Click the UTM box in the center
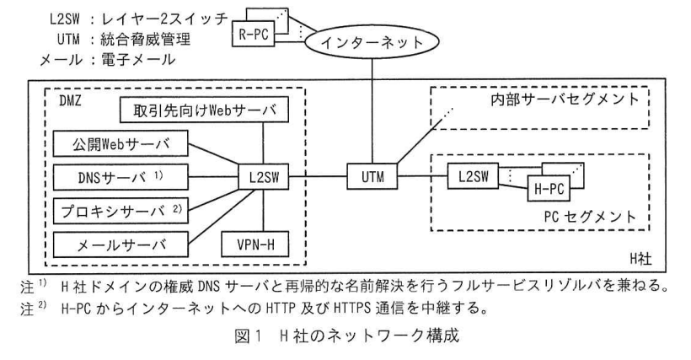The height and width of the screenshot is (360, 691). (372, 177)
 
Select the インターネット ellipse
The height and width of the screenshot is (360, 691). (372, 42)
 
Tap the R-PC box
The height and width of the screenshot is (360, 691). (254, 34)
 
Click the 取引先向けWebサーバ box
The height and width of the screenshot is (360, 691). (204, 110)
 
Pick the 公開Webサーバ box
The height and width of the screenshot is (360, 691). (121, 143)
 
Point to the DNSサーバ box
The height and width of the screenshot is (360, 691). (121, 177)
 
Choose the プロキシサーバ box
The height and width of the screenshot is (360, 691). (121, 211)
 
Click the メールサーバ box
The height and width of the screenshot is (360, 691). (121, 244)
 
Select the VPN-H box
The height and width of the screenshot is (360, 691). (255, 244)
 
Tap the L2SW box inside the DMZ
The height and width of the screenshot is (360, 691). (264, 177)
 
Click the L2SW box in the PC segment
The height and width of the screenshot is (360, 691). (473, 176)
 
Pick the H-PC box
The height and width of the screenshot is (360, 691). (549, 189)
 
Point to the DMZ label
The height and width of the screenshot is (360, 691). (70, 101)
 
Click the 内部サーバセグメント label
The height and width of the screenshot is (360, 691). (565, 99)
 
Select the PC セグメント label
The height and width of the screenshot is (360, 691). (590, 217)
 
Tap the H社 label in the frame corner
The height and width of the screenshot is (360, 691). (640, 259)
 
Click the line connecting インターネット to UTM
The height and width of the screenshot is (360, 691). (372, 111)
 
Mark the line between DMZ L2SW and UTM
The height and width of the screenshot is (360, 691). (318, 177)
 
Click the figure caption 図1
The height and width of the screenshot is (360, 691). (248, 336)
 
